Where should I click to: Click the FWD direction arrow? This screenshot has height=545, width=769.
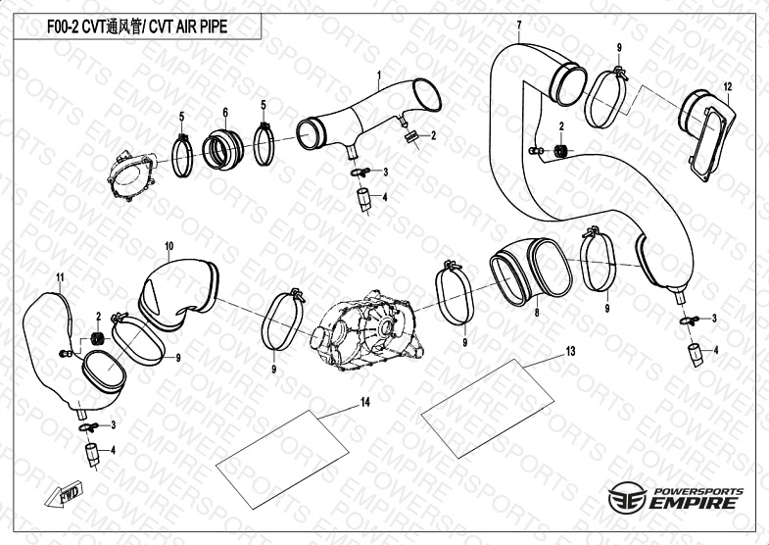(x=65, y=493)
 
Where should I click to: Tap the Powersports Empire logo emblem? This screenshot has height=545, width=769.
(x=627, y=497)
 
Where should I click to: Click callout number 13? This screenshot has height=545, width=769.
(x=570, y=351)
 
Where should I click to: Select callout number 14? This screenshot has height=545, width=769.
(x=364, y=402)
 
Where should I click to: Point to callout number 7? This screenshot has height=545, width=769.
(x=519, y=25)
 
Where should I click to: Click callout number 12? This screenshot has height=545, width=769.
(x=727, y=87)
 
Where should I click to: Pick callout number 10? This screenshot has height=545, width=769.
(x=168, y=245)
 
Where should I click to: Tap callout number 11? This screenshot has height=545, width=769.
(x=60, y=277)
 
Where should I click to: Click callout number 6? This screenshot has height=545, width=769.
(x=225, y=113)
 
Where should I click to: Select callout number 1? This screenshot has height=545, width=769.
(x=378, y=74)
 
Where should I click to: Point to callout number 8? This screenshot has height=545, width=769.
(x=537, y=313)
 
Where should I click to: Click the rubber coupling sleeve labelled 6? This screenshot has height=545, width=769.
(x=223, y=149)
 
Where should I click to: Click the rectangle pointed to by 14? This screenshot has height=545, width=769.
(x=282, y=459)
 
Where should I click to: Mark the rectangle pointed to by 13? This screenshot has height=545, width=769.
(x=488, y=409)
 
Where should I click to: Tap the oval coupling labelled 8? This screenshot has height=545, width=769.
(x=531, y=272)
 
